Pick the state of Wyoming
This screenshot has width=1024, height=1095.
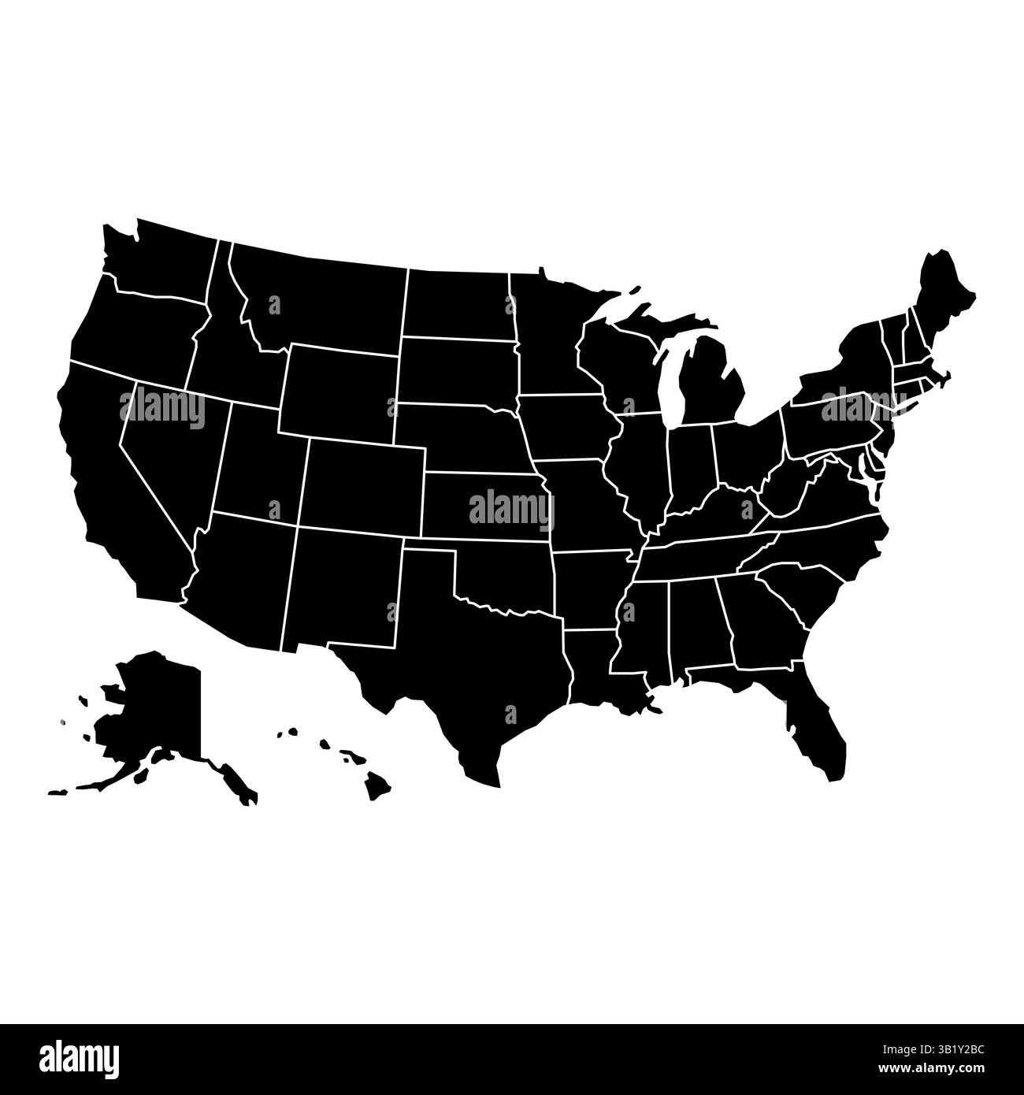(339, 390)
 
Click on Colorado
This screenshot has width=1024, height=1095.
(362, 484)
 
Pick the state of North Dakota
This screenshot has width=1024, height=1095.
(457, 303)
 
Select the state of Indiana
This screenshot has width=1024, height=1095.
(693, 465)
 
